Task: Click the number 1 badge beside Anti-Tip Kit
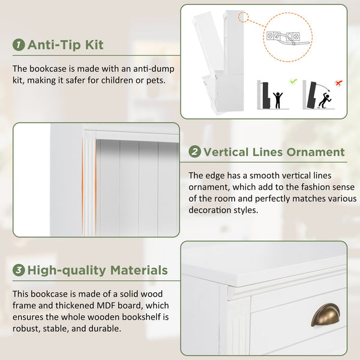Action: point(19,44)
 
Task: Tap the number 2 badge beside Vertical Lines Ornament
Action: point(194,152)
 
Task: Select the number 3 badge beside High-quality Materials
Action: point(19,270)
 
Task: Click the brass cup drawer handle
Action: point(326,314)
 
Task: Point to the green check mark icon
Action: point(293,81)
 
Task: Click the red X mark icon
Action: point(338,83)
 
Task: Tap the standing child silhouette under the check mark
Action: point(278,100)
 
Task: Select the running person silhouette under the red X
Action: point(325,101)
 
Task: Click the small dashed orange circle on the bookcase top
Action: point(243,17)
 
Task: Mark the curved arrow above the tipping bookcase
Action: point(323,87)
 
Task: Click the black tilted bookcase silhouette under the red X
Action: point(311,95)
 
